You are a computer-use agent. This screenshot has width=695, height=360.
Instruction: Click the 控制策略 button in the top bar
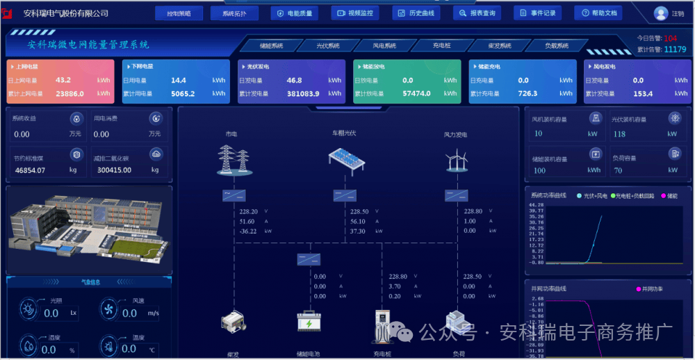click(x=179, y=13)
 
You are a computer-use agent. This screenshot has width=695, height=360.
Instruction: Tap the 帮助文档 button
click(x=600, y=13)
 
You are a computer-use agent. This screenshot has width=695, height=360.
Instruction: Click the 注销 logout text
click(x=678, y=14)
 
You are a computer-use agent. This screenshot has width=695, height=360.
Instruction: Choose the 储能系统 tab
click(x=271, y=46)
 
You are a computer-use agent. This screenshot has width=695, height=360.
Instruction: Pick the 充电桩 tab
click(x=441, y=46)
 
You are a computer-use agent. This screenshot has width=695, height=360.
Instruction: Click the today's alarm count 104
click(x=670, y=38)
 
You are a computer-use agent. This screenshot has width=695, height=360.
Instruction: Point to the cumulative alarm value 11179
click(x=675, y=49)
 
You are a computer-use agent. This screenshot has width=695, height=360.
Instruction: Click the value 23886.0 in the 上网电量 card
click(x=69, y=94)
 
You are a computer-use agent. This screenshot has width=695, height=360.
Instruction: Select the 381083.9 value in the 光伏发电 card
click(x=303, y=94)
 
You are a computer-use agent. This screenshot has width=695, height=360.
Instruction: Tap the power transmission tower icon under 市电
click(x=234, y=159)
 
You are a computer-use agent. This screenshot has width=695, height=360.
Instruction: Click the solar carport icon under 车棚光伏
click(x=347, y=159)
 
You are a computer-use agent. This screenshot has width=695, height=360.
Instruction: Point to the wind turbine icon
click(x=456, y=161)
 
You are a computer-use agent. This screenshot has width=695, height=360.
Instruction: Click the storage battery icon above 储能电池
click(x=309, y=321)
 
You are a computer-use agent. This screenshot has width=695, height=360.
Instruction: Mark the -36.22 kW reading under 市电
click(x=248, y=231)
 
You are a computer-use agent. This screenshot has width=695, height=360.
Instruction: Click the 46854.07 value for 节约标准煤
click(x=30, y=170)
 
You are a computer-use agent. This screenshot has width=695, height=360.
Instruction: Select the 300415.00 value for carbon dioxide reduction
click(x=114, y=170)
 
